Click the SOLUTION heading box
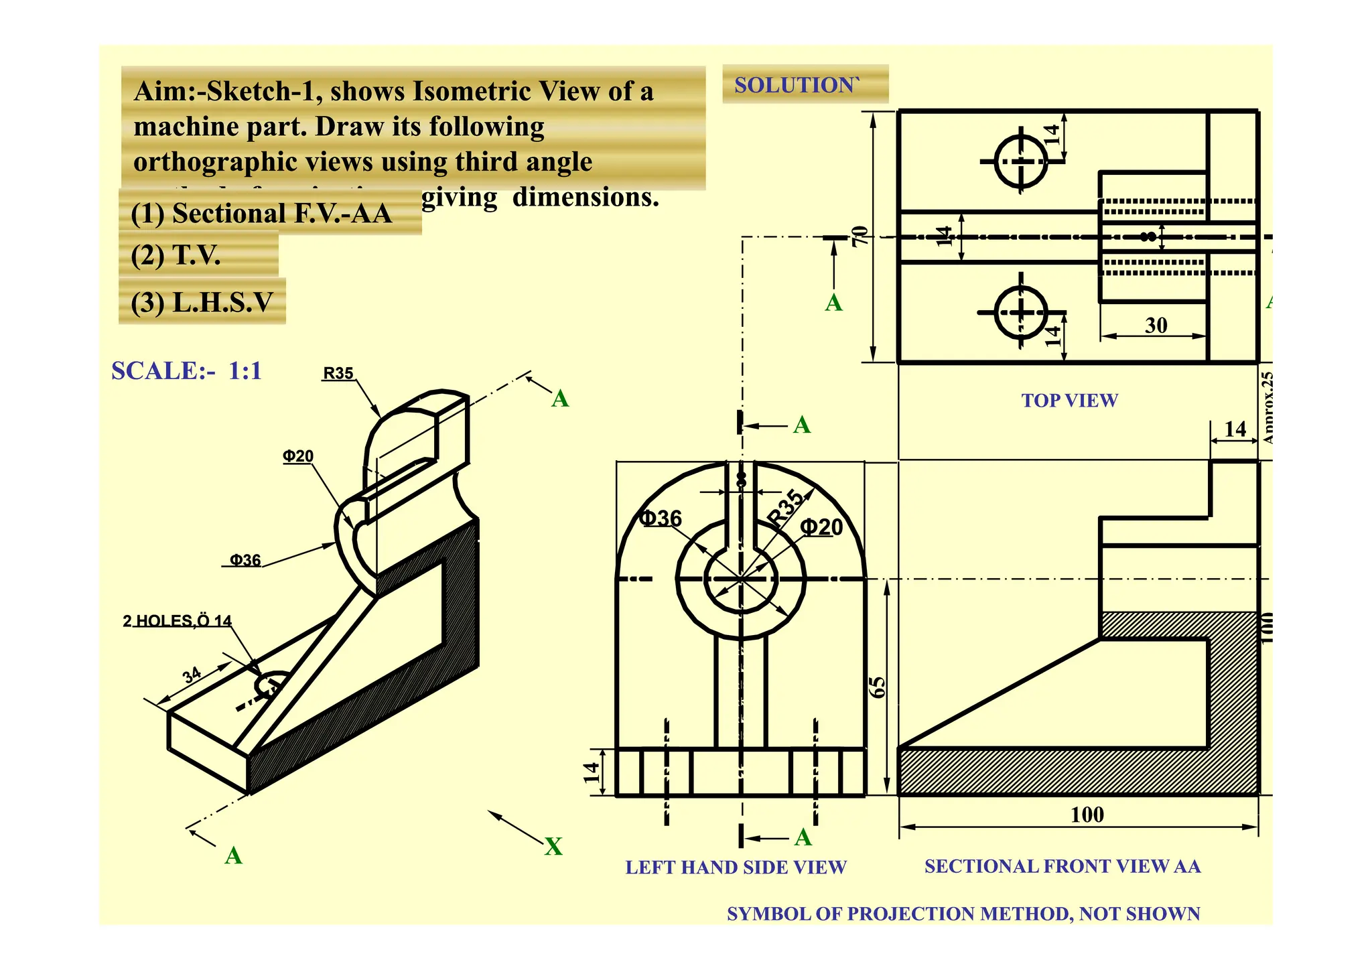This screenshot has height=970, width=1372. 804,84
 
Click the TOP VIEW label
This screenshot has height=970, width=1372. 1069,401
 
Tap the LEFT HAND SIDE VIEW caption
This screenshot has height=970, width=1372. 736,867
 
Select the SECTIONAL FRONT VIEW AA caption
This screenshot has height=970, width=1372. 1062,866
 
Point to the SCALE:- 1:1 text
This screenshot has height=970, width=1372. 186,370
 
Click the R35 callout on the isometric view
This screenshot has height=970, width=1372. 338,373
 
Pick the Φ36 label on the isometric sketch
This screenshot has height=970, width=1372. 245,560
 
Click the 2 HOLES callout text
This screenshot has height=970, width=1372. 177,621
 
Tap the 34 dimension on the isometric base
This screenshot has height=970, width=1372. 192,675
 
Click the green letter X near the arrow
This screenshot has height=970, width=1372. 553,846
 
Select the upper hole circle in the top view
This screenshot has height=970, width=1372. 1021,161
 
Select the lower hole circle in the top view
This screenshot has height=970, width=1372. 1021,312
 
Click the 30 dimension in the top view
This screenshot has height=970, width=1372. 1156,326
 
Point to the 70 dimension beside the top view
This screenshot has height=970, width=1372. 860,236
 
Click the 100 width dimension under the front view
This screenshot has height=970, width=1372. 1087,815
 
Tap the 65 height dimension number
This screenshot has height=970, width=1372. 877,687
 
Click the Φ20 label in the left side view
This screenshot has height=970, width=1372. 822,527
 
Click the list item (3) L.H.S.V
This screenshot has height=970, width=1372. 202,302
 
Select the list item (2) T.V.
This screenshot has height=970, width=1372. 176,255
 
